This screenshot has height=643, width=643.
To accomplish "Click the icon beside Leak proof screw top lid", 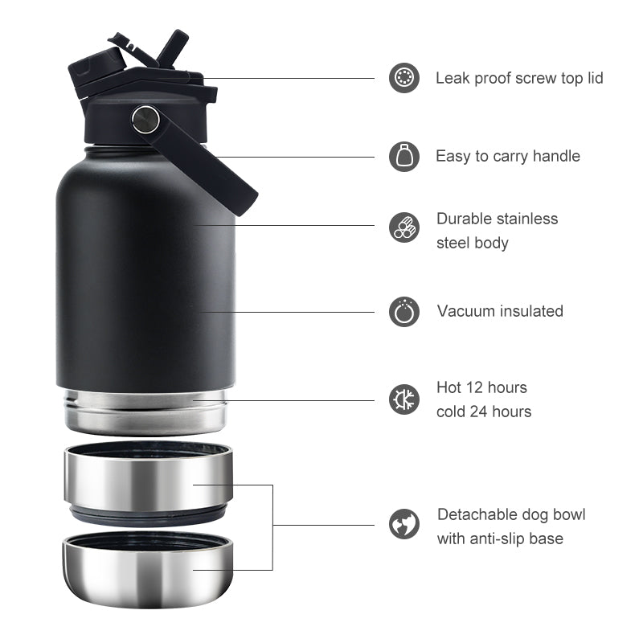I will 404,78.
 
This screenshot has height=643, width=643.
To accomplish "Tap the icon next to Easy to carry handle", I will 404,156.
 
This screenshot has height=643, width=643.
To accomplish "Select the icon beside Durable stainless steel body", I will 404,227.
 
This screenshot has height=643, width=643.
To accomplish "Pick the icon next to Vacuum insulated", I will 404,311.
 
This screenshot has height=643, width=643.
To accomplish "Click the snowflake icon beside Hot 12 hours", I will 404,399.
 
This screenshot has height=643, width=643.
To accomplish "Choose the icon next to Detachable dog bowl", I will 404,524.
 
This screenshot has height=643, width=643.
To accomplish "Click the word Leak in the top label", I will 453,78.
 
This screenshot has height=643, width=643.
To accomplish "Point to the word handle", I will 553,156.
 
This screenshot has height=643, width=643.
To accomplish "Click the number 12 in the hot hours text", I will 473,387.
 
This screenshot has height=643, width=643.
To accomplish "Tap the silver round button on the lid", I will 145,119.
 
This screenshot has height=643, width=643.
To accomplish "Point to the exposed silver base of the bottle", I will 145,412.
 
